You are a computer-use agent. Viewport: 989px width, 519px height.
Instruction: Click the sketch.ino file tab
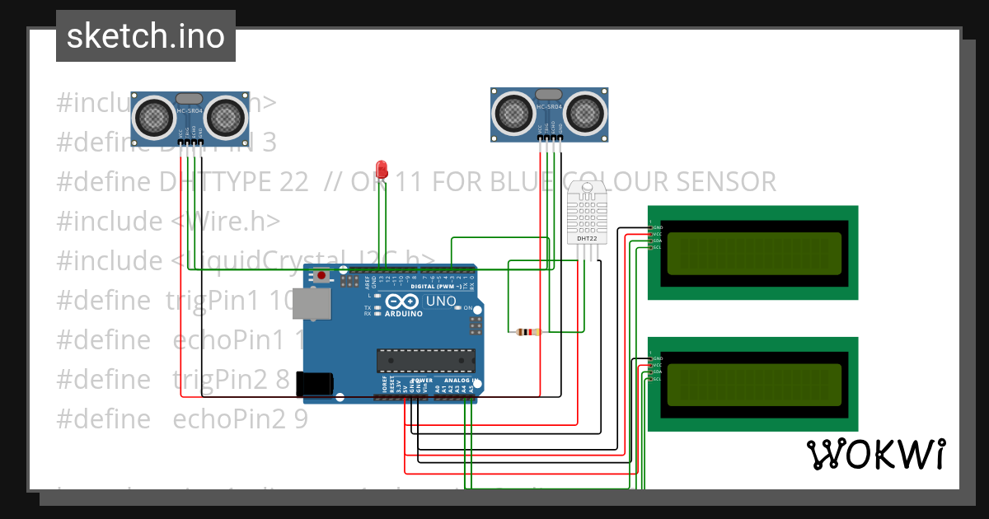145,36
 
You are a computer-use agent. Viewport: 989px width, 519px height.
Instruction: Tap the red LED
381,169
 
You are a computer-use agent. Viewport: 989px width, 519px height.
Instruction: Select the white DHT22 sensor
587,214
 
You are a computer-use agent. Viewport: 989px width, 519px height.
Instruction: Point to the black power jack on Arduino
314,384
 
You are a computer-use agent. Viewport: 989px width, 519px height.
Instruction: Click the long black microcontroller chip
426,359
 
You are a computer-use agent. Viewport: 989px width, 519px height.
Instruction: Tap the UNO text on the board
441,302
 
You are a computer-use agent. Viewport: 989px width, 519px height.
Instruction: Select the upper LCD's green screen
754,253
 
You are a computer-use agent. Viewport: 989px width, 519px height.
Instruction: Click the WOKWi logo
875,454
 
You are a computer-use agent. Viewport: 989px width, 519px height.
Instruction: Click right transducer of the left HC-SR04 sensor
225,117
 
